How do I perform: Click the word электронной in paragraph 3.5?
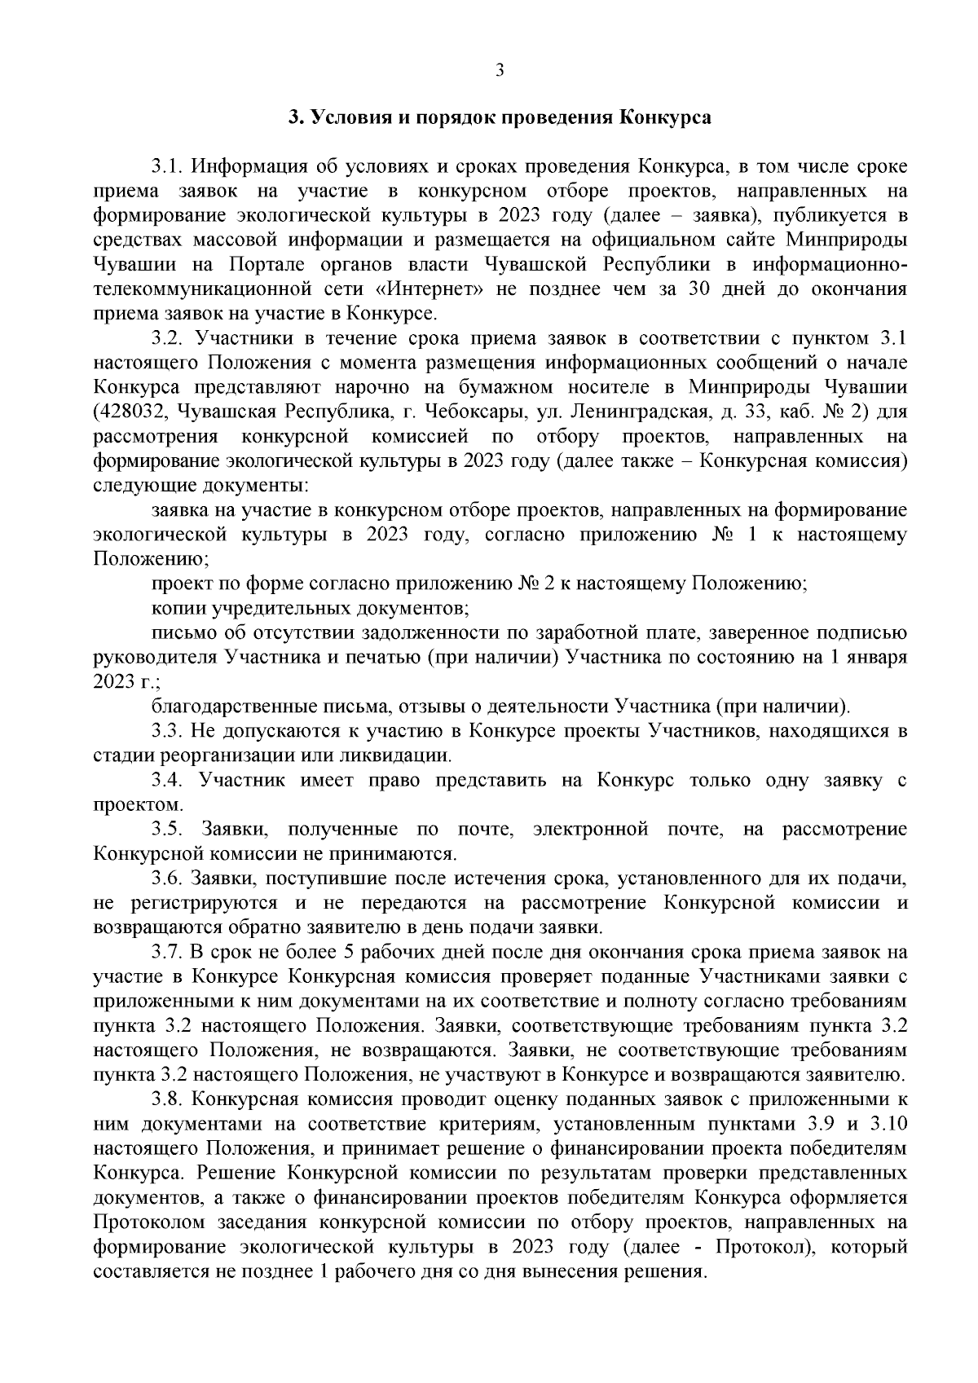pos(590,830)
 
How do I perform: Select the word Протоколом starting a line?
pos(148,1222)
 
